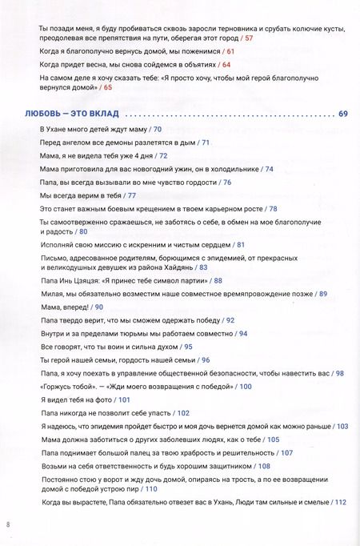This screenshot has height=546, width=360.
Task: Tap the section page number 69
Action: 343,113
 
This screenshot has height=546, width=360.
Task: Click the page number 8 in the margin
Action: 7,525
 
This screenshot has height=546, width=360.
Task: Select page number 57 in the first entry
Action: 249,38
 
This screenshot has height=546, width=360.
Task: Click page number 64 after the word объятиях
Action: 226,64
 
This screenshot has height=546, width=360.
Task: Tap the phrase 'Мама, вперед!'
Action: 65,307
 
